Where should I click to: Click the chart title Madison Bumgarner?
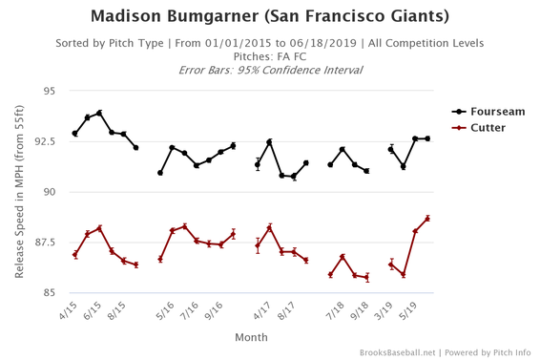pyautogui.click(x=270, y=16)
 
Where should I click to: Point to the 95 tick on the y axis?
pyautogui.click(x=48, y=92)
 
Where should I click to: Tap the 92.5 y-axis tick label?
pyautogui.click(x=43, y=142)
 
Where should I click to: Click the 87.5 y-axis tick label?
pyautogui.click(x=43, y=243)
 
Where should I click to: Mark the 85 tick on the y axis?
pyautogui.click(x=48, y=293)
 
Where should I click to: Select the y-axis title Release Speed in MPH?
pyautogui.click(x=20, y=193)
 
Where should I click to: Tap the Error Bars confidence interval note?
pyautogui.click(x=270, y=71)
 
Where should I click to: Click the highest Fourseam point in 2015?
pyautogui.click(x=99, y=114)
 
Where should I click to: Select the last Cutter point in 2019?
pyautogui.click(x=427, y=219)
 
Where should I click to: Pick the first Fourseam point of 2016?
pyautogui.click(x=160, y=173)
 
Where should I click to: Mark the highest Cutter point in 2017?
pyautogui.click(x=270, y=227)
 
